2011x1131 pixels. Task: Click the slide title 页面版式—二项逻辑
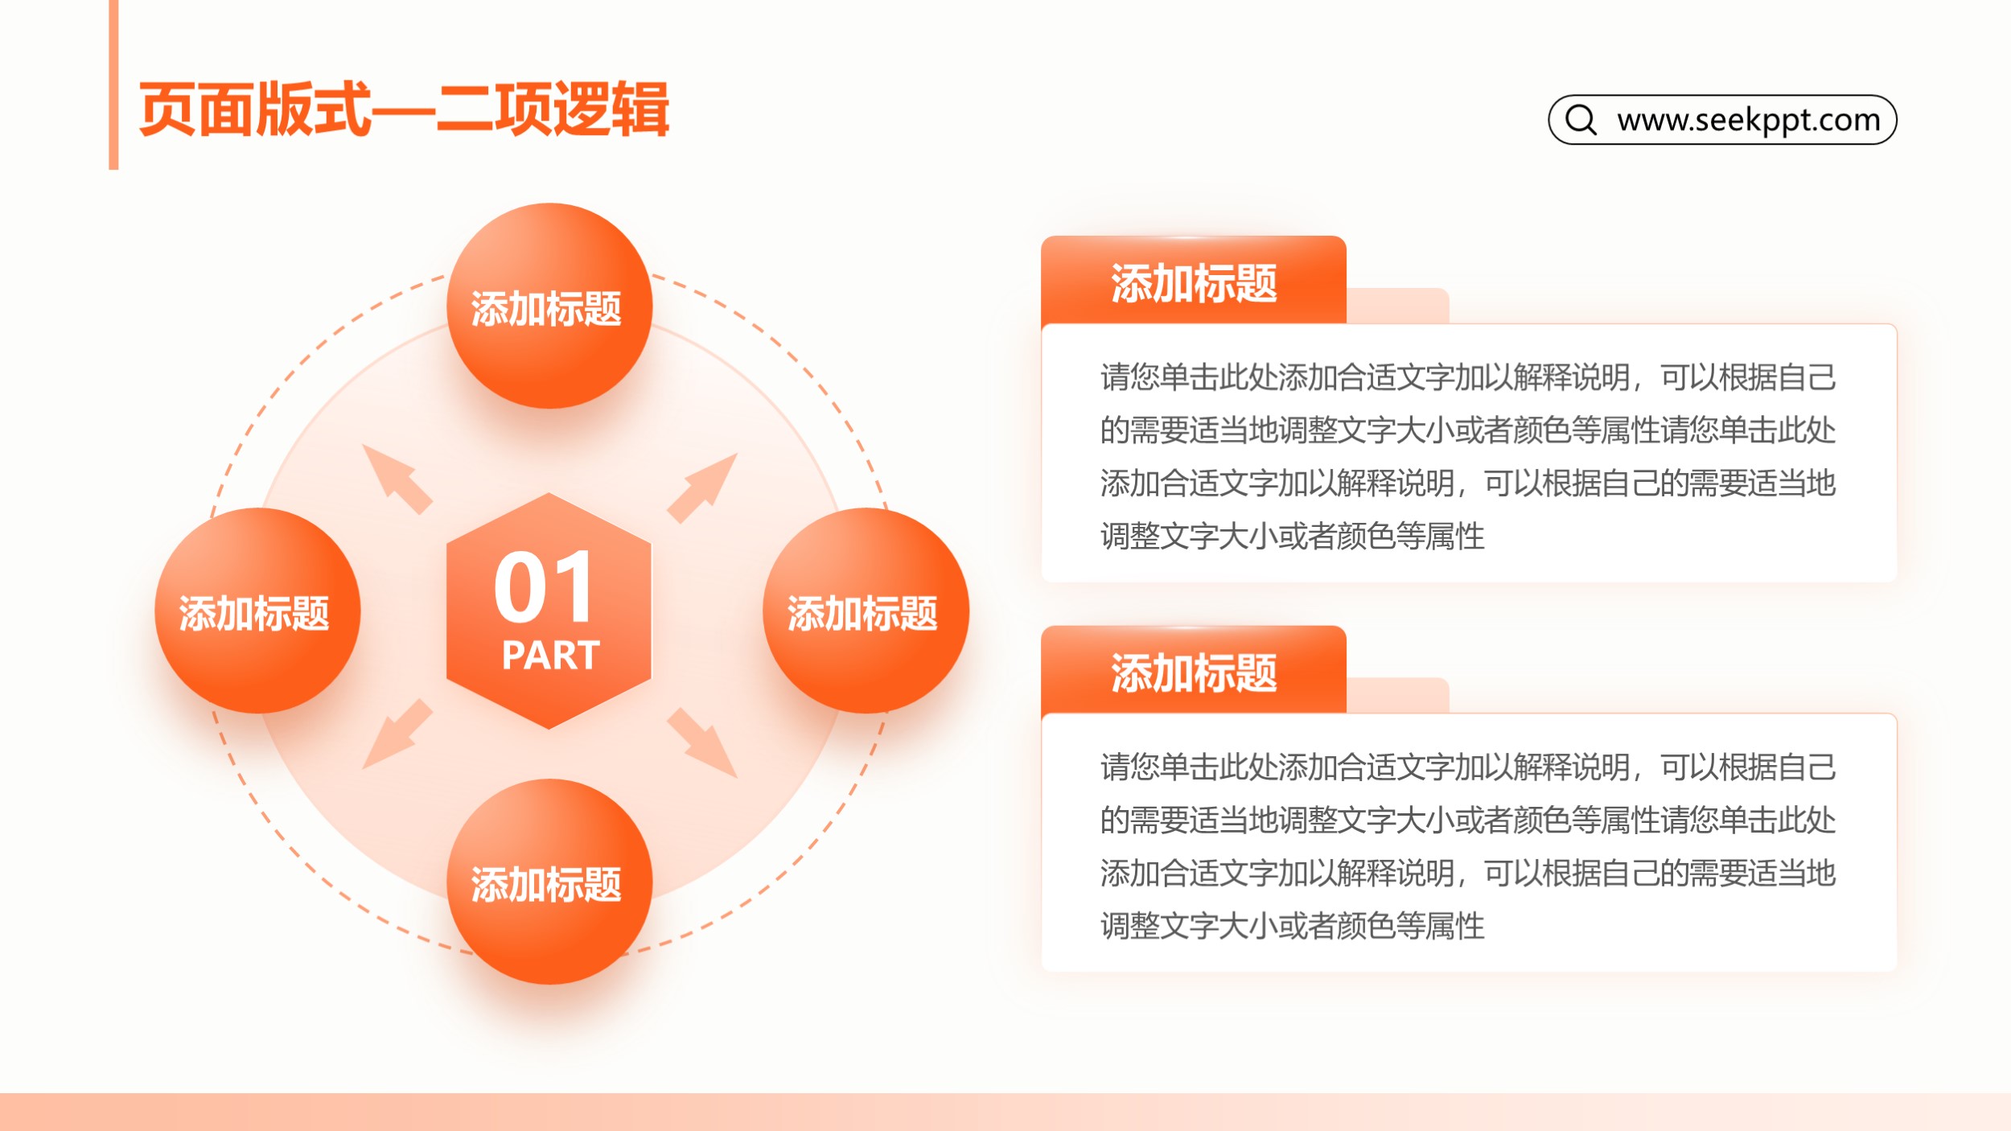pyautogui.click(x=404, y=109)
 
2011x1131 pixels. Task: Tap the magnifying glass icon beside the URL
pyautogui.click(x=1581, y=120)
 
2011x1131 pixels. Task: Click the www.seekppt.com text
pyautogui.click(x=1749, y=120)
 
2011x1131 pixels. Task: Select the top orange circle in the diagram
pyautogui.click(x=549, y=306)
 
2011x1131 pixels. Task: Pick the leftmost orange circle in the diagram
pyautogui.click(x=257, y=611)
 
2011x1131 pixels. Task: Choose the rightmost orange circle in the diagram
pyautogui.click(x=866, y=611)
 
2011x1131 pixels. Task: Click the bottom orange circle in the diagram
pyautogui.click(x=549, y=882)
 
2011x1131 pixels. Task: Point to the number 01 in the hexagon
pyautogui.click(x=545, y=587)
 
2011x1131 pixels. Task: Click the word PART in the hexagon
pyautogui.click(x=551, y=655)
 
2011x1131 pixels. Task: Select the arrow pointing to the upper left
pyautogui.click(x=397, y=479)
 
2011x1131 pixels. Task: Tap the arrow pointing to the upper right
pyautogui.click(x=702, y=488)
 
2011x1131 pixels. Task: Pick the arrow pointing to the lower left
pyautogui.click(x=397, y=734)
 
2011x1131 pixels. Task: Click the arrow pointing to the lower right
pyautogui.click(x=702, y=743)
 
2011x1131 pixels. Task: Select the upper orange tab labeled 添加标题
pyautogui.click(x=1194, y=281)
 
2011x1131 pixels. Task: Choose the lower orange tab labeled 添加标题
pyautogui.click(x=1194, y=671)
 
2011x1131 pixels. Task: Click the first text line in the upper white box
pyautogui.click(x=1468, y=377)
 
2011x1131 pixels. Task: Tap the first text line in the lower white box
pyautogui.click(x=1468, y=767)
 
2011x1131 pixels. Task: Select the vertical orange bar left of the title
pyautogui.click(x=113, y=84)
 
